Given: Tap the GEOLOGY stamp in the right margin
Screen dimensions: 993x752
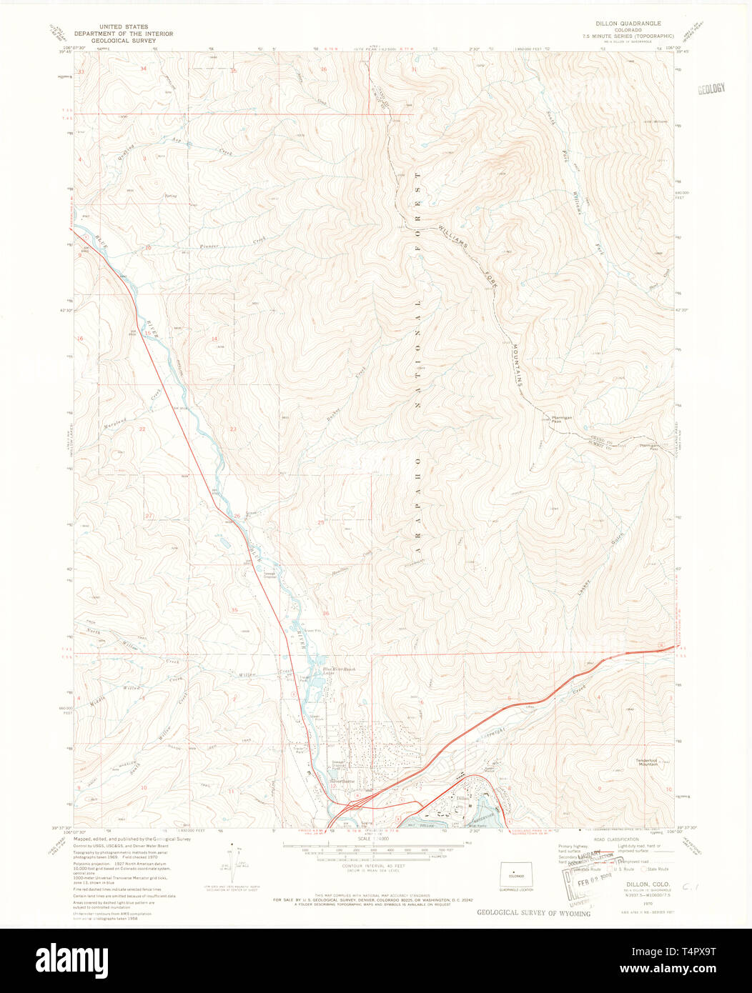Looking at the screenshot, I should pyautogui.click(x=711, y=88).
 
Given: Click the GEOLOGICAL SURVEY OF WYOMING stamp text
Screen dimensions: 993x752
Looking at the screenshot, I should pyautogui.click(x=533, y=913).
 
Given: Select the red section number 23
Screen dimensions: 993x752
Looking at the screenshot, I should pyautogui.click(x=233, y=429).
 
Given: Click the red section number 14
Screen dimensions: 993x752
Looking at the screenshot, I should pyautogui.click(x=214, y=339).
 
